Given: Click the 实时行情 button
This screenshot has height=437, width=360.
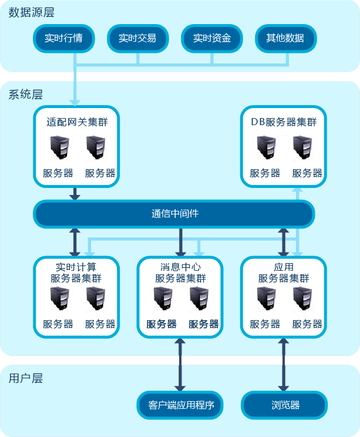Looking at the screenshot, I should [x=63, y=39].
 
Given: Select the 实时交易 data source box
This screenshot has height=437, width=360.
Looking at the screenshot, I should [x=137, y=39].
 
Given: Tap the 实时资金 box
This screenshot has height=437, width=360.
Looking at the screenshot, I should [x=211, y=39].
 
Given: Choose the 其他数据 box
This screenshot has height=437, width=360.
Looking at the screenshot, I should [x=285, y=39].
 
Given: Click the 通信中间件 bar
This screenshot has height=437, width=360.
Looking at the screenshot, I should [x=174, y=214].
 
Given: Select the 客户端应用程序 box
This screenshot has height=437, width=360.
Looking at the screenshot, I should [x=181, y=405].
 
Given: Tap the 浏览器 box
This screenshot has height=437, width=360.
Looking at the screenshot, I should [x=285, y=405].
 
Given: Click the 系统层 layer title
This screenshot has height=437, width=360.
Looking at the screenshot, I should [x=26, y=94].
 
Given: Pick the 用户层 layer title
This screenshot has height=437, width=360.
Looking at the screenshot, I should [x=26, y=378].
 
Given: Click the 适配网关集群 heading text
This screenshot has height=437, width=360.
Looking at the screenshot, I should [x=76, y=123].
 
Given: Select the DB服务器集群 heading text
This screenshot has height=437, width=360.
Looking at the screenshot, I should [x=284, y=123].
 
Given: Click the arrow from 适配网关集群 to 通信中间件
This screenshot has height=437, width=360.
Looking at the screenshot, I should [x=75, y=194].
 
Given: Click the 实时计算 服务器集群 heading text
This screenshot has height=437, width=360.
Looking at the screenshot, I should [x=76, y=273].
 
